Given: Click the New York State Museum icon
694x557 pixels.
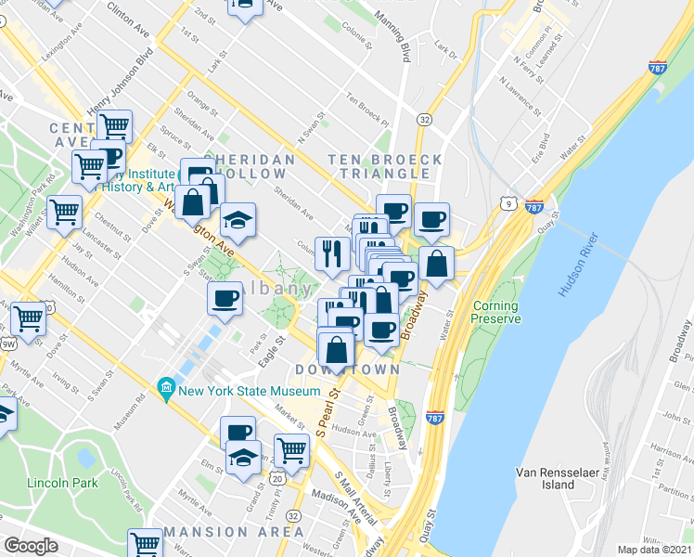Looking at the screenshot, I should click(166, 390).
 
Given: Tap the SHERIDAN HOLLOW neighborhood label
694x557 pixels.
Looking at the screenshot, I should click(250, 167).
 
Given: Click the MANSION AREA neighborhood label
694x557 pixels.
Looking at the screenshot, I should click(234, 532).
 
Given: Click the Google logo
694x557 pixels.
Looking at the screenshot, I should click(31, 546).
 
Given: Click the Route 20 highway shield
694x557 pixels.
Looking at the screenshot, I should click(276, 477).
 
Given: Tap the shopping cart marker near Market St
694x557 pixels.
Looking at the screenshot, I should click(292, 450).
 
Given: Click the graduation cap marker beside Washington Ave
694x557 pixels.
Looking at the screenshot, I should click(238, 221).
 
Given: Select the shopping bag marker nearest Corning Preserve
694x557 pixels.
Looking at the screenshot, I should click(435, 263).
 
